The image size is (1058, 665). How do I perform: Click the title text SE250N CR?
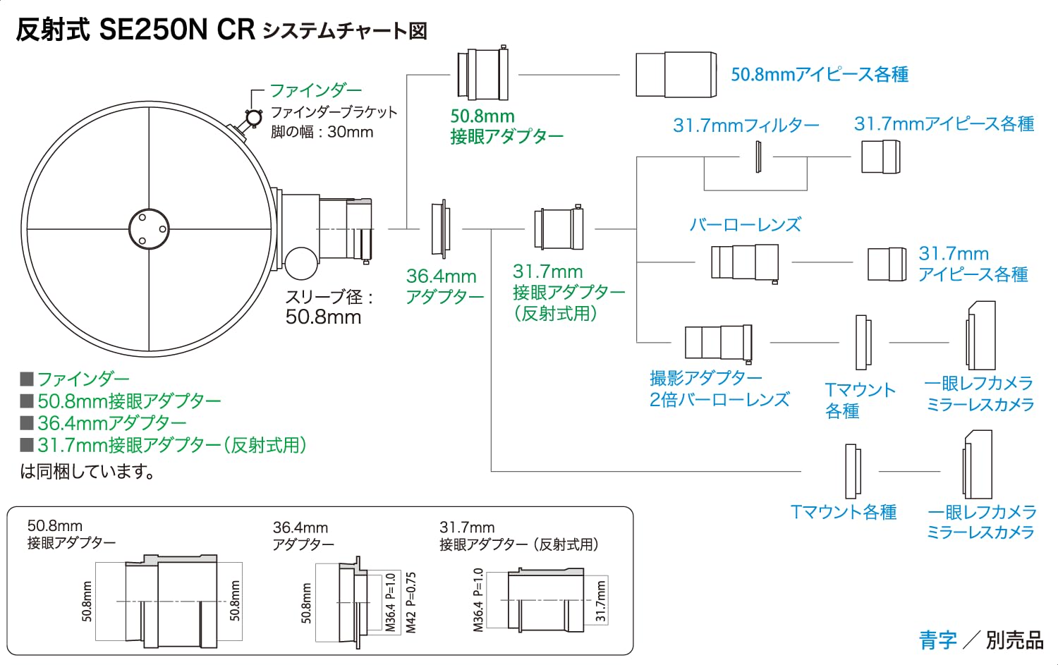tap(176, 30)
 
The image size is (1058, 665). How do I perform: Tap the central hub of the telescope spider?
tap(150, 229)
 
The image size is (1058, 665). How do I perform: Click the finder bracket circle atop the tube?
tap(254, 118)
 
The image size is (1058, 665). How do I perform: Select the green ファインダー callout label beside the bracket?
tap(315, 90)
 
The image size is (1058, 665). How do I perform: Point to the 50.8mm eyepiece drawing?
tap(676, 75)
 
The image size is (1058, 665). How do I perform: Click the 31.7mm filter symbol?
tap(758, 157)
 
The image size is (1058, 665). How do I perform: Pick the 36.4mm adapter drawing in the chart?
tap(441, 229)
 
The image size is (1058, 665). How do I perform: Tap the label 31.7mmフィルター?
tap(746, 125)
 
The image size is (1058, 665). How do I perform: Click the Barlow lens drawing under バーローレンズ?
tap(745, 263)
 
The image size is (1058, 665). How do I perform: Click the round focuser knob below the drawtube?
tap(301, 263)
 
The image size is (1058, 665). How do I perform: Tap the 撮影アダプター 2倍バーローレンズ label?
tap(719, 389)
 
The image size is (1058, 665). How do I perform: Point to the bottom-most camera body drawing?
tap(978, 464)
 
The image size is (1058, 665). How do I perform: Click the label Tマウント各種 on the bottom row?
tap(843, 512)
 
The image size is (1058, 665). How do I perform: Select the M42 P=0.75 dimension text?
tap(411, 603)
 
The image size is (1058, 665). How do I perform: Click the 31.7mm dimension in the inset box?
tap(600, 601)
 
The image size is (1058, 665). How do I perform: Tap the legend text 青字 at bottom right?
tap(938, 640)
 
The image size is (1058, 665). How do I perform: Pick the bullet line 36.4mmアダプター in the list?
tap(112, 422)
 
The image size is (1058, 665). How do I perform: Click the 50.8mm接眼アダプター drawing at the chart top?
tap(482, 73)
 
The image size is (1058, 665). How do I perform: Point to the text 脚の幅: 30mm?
tap(322, 132)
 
